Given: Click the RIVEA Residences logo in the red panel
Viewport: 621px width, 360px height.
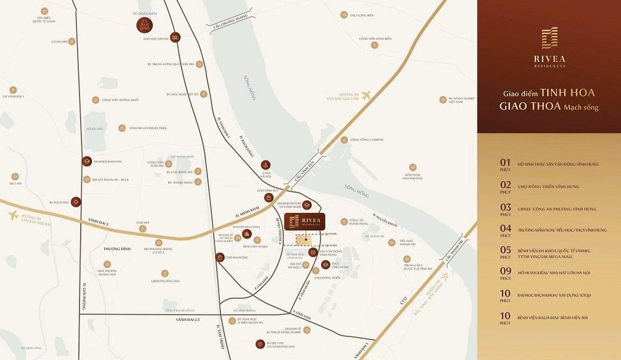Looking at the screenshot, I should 549,47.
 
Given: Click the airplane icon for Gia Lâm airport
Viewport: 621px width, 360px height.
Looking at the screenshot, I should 366,95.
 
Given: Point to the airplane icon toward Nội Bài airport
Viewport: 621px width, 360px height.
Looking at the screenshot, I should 13,215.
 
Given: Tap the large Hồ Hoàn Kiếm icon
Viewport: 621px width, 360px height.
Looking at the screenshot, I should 144,25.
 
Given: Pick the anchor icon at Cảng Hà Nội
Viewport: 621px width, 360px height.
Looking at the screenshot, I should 265,164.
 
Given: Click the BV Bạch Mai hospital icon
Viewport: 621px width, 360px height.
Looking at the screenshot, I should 76,202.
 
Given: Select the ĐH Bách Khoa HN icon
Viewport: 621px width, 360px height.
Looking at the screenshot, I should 88,161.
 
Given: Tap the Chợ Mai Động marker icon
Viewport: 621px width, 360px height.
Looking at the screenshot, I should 219,257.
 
